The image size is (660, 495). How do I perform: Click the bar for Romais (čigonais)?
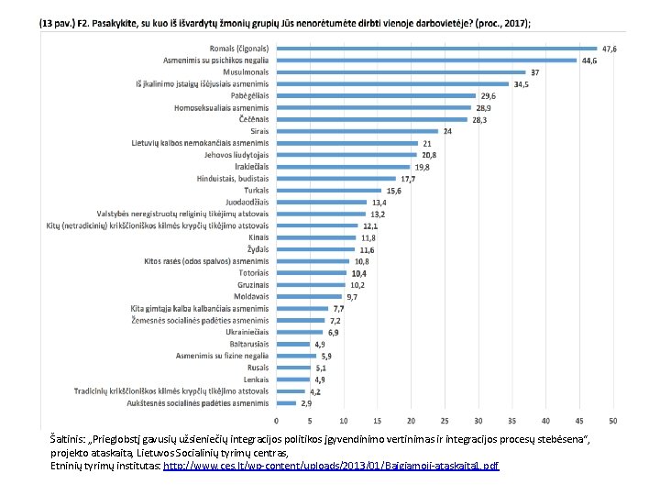[435, 49]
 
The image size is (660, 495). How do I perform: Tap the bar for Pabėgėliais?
[375, 95]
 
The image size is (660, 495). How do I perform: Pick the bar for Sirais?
[356, 131]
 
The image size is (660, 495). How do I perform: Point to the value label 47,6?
[609, 49]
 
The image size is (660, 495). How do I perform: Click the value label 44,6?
[588, 60]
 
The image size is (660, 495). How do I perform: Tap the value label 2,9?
[306, 402]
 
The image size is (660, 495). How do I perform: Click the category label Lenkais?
[257, 379]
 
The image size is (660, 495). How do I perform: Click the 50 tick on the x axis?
[612, 421]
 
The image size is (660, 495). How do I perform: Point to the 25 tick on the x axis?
[444, 421]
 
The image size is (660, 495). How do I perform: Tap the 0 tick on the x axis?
[276, 421]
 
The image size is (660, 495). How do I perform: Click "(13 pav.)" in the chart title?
[58, 23]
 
